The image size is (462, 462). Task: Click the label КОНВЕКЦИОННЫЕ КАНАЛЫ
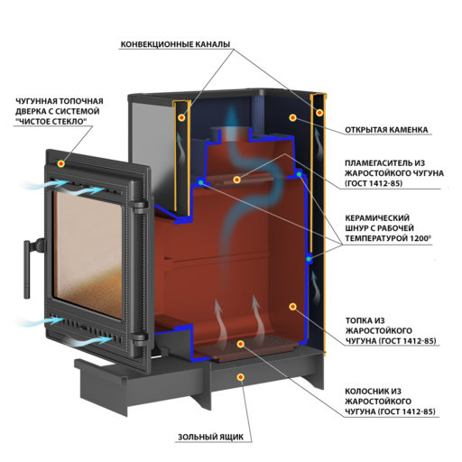point(175,44)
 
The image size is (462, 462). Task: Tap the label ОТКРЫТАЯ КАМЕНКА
point(386,130)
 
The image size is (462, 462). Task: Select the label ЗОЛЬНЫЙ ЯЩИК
point(210,437)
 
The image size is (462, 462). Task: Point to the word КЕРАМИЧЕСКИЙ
point(377,217)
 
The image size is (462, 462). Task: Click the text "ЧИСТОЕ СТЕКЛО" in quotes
point(50,122)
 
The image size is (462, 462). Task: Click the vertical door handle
point(27,269)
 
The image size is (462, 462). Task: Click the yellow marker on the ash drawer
point(240,377)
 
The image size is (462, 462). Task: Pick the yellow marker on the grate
point(240,345)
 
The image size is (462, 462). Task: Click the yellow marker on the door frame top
point(61,164)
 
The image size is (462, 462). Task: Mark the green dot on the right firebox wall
point(309,259)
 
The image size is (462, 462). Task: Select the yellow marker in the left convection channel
point(181,117)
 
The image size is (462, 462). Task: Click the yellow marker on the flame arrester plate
point(236,180)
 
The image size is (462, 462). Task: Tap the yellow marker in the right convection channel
point(319,113)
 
